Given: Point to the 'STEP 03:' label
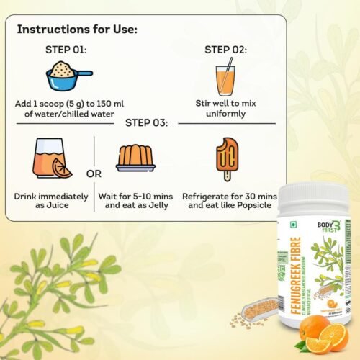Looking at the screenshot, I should click(x=146, y=122).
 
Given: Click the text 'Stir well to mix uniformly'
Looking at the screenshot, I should click(x=225, y=108).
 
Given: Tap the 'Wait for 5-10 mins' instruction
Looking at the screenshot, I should click(x=137, y=201).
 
